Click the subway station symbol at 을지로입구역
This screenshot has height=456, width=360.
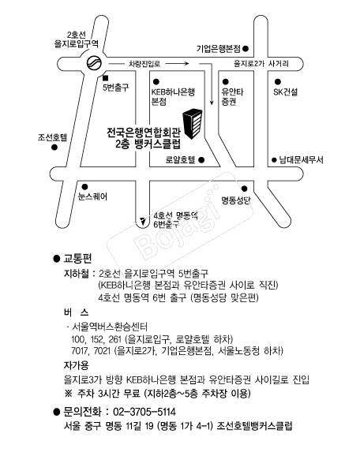pos(94,63)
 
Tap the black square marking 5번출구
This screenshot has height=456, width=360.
pos(105,78)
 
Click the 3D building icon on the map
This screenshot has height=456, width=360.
pos(193,124)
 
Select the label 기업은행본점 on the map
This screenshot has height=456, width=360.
pos(218,49)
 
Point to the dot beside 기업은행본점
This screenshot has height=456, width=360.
pos(246,49)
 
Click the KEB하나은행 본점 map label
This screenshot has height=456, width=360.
pos(173,97)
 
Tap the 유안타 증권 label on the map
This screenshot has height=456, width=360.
pos(232,97)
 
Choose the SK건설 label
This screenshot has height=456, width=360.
pos(286,92)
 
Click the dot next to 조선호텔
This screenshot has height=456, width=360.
pos(54,148)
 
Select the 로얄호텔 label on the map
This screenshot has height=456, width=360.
pos(180,159)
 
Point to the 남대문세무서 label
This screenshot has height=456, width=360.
pos(302,159)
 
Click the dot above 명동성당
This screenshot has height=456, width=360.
pos(245,189)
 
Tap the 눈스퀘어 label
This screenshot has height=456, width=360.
pos(92,196)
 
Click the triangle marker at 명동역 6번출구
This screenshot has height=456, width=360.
pos(143,222)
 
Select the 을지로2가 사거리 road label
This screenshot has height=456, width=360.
pos(261,64)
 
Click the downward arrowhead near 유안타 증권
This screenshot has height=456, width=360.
pos(212,102)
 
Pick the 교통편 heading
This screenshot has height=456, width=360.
pos(77,258)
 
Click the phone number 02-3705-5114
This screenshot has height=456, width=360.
pos(144,412)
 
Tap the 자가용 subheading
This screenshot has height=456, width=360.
pos(77,365)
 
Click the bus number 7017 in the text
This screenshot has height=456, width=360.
pos(80,351)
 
